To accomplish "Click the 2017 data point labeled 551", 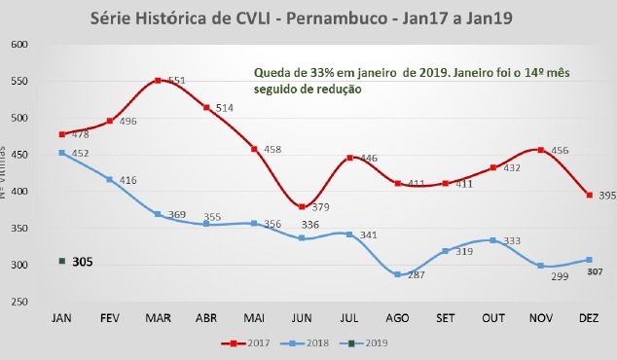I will click(158, 81).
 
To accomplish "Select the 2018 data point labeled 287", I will click(396, 275).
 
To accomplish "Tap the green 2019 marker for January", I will click(62, 261).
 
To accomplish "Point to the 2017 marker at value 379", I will click(302, 207).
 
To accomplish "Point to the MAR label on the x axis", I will click(158, 317).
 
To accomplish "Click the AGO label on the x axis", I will click(396, 317).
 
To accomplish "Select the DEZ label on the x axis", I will click(587, 317).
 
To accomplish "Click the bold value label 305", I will click(83, 262).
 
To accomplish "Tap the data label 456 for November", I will click(563, 150).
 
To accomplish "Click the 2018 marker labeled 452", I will click(62, 153).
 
